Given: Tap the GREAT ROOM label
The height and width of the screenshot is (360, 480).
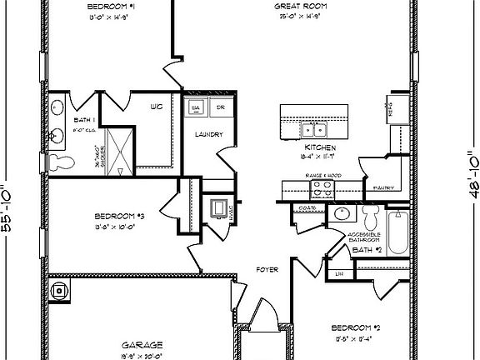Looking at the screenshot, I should pos(299,7).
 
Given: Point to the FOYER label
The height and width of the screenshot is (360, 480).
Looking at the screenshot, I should pos(267,269).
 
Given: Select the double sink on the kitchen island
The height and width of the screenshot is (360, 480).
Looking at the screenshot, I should pos(315,129).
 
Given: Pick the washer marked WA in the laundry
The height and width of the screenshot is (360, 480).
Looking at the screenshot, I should pos(197,108).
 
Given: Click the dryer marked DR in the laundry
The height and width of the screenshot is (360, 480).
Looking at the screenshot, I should pos(219,108).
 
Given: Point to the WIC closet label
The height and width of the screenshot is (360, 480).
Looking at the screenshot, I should pos(156,107).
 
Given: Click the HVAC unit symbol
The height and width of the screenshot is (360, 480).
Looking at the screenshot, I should pos(218,209).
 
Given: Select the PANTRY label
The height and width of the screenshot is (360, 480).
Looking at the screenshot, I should pos(383,187).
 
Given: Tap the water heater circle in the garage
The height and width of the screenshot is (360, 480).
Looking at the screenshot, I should pos(58,292).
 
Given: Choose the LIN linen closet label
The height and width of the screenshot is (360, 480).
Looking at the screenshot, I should pos(339,273).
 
